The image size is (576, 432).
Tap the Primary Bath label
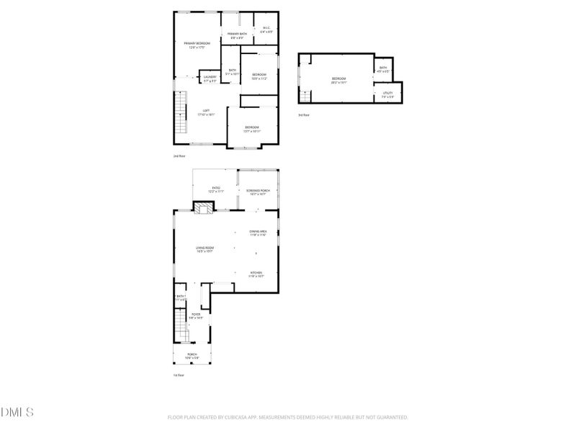(238, 35)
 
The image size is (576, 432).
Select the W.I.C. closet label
(266, 30)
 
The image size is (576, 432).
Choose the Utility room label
(387, 94)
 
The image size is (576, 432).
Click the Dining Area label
(258, 232)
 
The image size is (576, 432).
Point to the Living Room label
(205, 249)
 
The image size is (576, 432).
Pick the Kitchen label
(257, 274)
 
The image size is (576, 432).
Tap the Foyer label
(196, 315)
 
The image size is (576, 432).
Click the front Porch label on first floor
(192, 355)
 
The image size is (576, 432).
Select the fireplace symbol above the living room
(203, 209)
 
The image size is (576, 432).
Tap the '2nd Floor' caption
(179, 156)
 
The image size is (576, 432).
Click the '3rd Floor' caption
(304, 115)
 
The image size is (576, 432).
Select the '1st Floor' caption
(179, 375)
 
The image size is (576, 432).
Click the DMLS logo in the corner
(17, 413)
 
